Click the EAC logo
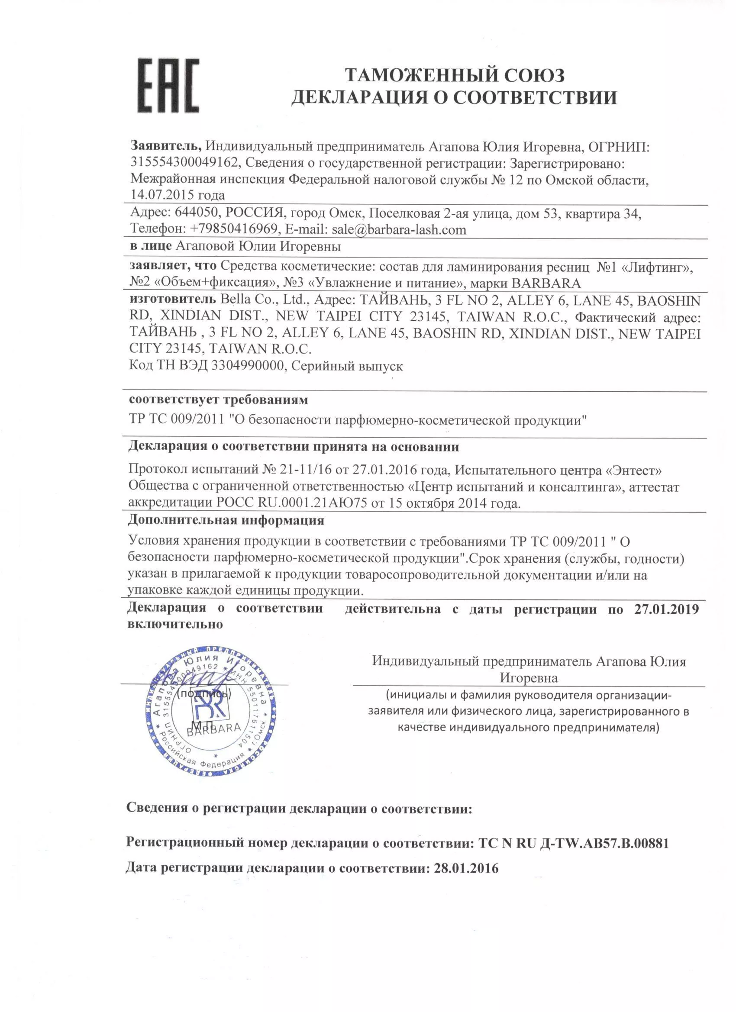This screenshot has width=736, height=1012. tap(168, 86)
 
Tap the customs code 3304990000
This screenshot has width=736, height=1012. tap(248, 366)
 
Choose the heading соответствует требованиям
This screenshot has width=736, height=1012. tap(218, 400)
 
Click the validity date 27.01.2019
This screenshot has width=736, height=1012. tap(666, 609)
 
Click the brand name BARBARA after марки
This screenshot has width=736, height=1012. tap(546, 284)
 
